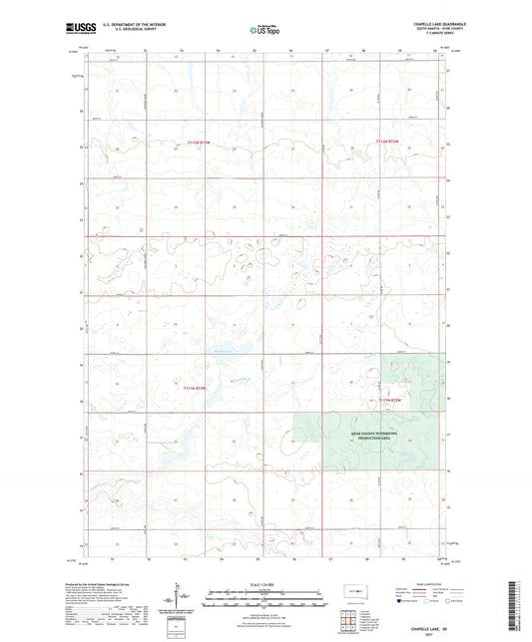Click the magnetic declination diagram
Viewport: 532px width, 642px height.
[x=182, y=597]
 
